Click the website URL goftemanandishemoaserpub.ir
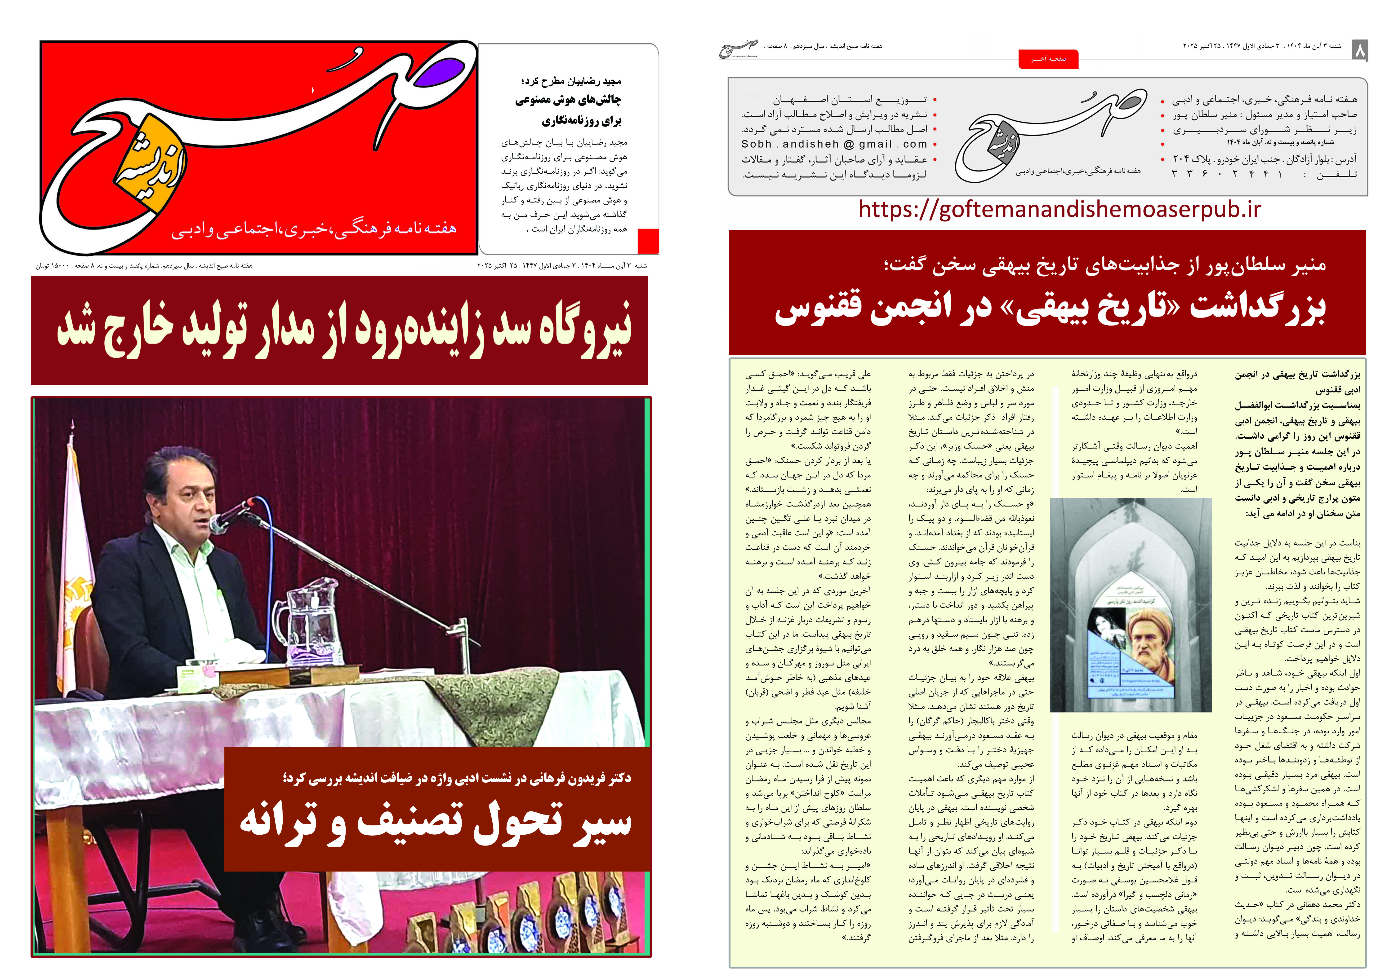pyautogui.click(x=1060, y=209)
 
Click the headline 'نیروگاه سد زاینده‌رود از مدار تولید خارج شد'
pyautogui.click(x=344, y=330)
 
